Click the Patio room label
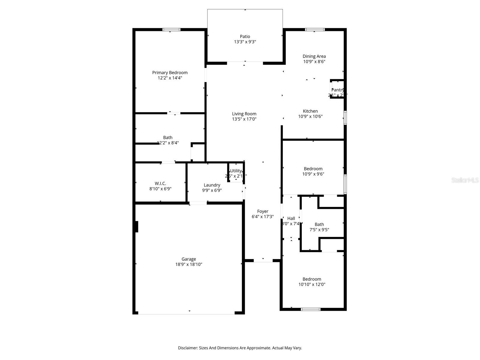pos(245,37)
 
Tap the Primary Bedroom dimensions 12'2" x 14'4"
pos(170,78)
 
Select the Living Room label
pos(244,114)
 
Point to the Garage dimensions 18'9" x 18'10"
pos(189,265)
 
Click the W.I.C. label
pos(160,183)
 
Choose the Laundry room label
pos(212,185)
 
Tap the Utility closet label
pos(236,171)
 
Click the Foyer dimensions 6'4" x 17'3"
pos(262,217)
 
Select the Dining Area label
pos(314,56)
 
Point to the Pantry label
pos(337,90)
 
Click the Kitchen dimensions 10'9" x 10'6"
pos(310,116)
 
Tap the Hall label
pos(291,218)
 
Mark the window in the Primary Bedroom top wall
pos(171,29)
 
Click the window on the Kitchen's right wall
pos(345,118)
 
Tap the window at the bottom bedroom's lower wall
pos(310,309)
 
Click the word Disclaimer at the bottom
pos(187,348)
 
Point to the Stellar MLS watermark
pos(465,180)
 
